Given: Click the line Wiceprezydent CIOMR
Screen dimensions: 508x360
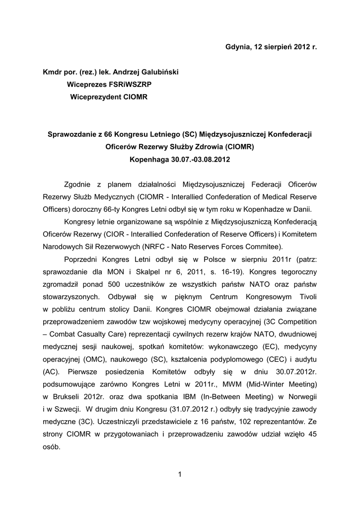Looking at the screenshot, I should click(109, 97).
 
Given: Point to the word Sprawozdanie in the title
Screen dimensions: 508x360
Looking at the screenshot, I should click(69, 134).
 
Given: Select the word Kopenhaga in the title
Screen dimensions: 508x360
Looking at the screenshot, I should click(148, 160).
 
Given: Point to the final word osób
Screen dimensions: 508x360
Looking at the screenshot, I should click(52, 447).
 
